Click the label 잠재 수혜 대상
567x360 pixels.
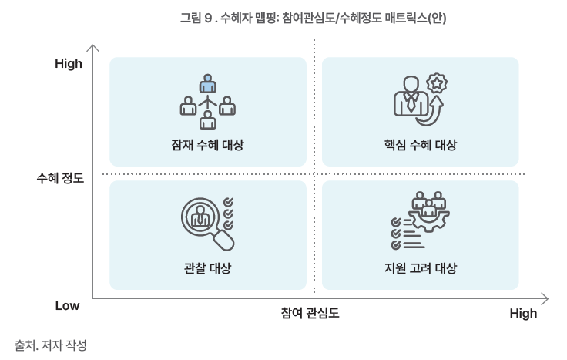coord(207,145)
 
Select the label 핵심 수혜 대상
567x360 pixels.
coord(420,145)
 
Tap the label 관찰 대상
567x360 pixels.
coord(207,268)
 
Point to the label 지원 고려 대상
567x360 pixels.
coord(420,268)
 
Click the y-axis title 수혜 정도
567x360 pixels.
coord(59,178)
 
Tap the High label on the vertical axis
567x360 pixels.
coord(69,64)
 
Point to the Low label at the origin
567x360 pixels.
coord(67,305)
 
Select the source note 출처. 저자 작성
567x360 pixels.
coord(51,345)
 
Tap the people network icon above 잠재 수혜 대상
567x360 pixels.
coord(207,101)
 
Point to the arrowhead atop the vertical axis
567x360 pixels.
coord(93,48)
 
